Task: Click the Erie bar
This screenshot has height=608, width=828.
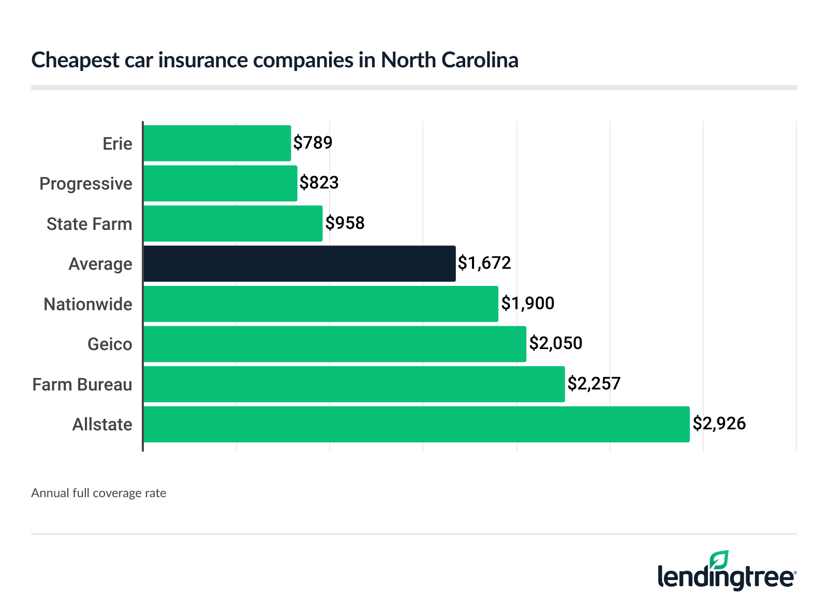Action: tap(217, 143)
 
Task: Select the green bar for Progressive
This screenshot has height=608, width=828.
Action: tap(220, 183)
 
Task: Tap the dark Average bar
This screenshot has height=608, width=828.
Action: tap(299, 264)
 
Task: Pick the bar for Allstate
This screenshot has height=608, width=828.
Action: tap(416, 424)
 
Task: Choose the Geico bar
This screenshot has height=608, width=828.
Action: tap(334, 344)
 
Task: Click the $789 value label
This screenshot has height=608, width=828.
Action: tap(313, 142)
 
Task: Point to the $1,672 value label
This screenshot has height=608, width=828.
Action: tap(484, 263)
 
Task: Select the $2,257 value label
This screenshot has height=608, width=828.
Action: tap(594, 383)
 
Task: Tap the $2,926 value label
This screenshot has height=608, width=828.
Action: tap(719, 424)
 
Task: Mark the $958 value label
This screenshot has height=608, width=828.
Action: tap(345, 223)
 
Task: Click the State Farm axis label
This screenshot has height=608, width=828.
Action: tap(89, 224)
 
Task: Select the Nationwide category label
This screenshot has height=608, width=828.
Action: tap(87, 304)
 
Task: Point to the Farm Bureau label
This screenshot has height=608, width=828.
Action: tap(82, 384)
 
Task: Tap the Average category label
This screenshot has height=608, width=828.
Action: tap(100, 264)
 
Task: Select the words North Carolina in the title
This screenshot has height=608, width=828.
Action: tap(449, 60)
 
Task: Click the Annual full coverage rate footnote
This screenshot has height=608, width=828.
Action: tap(98, 493)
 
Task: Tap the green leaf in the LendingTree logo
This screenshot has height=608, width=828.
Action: tap(719, 560)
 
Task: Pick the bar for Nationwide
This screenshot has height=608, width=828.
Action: tap(320, 304)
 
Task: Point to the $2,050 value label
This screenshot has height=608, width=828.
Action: tap(555, 343)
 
